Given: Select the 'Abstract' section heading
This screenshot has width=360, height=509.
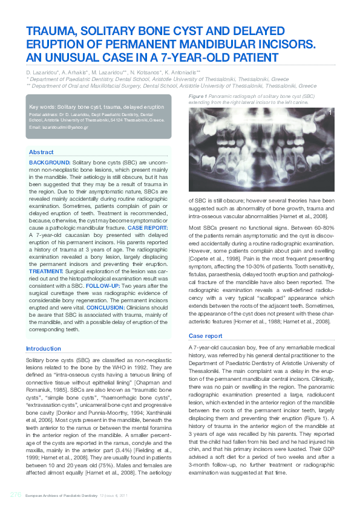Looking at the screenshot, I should tap(42, 152).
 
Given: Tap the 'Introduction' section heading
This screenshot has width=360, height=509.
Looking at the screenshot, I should tap(44, 349).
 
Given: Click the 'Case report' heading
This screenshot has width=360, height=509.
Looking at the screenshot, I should tap(206, 336).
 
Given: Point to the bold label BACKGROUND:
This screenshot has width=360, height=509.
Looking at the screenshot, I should tap(50, 163).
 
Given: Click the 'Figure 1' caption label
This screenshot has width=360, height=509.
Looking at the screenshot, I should tap(198, 97).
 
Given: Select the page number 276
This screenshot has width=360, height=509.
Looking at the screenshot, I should tap(15, 494).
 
